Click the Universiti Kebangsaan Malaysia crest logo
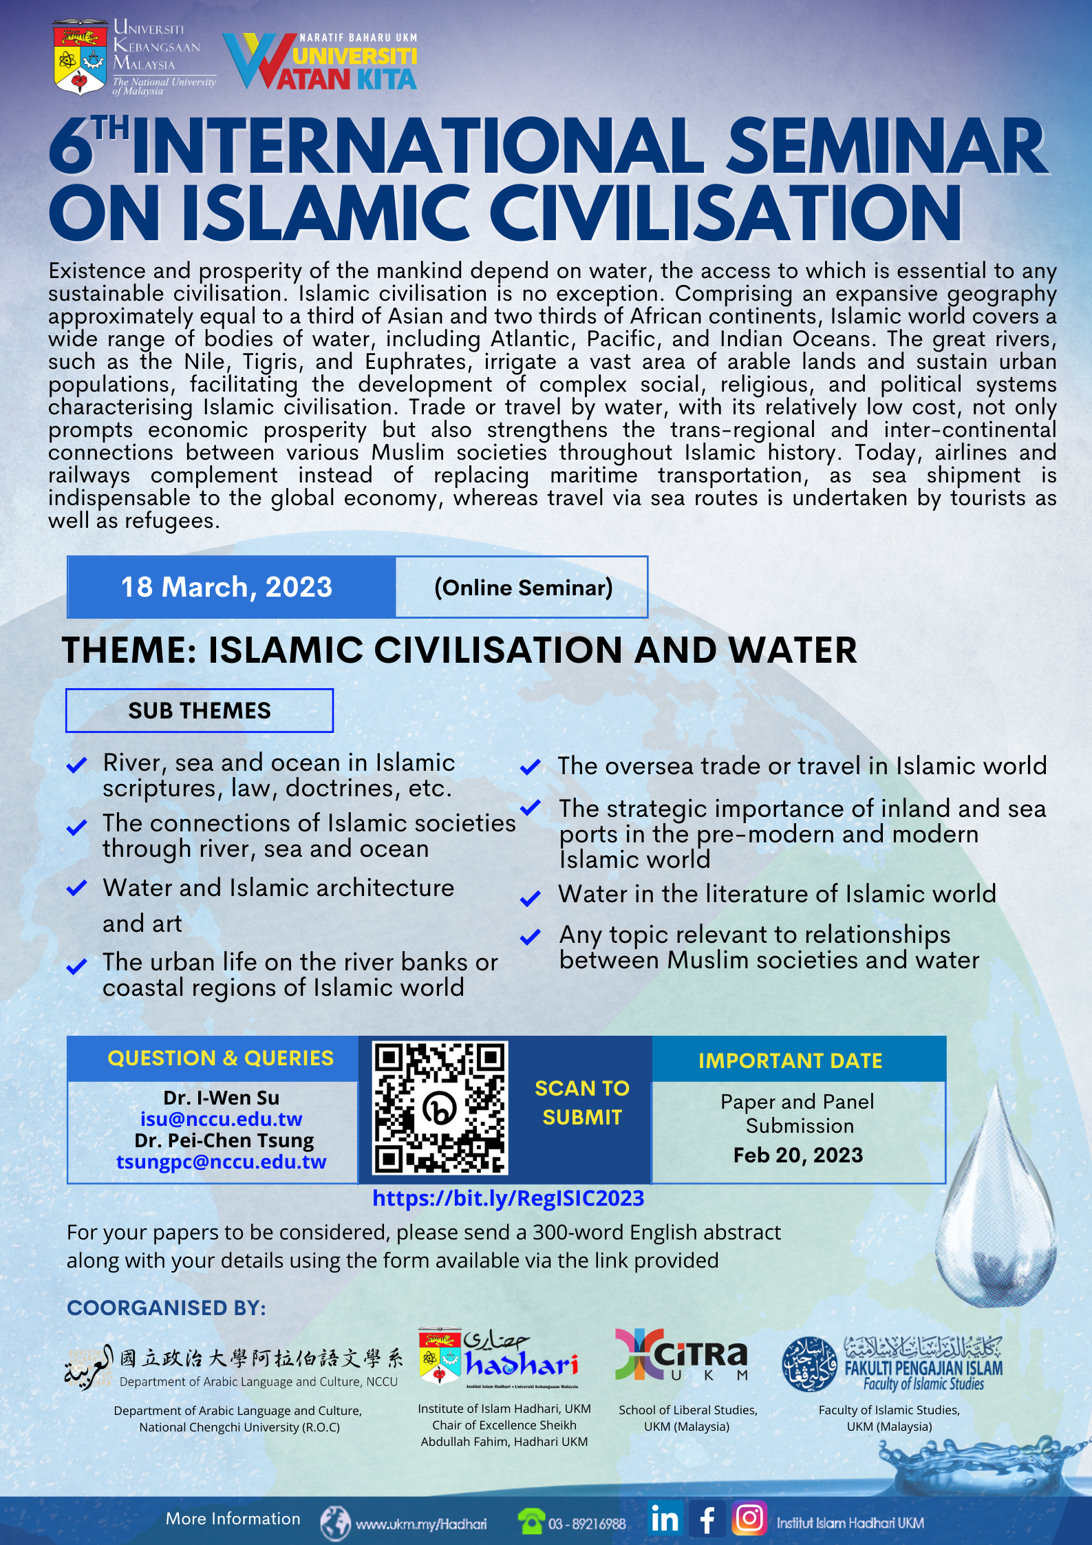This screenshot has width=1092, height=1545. [81, 58]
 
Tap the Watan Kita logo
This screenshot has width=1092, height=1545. [320, 63]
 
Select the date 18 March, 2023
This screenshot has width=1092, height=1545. [226, 587]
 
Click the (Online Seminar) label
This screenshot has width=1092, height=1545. [523, 588]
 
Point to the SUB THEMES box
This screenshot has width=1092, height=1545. [200, 710]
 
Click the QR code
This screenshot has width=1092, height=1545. [440, 1107]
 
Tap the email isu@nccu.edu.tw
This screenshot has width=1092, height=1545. [222, 1119]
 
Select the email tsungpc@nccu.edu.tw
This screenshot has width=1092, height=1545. [222, 1162]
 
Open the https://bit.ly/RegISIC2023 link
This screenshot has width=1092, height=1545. [508, 1198]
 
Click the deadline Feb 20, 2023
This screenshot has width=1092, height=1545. [798, 1155]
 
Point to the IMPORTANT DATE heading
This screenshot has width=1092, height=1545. [790, 1061]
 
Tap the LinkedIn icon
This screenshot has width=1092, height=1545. [665, 1518]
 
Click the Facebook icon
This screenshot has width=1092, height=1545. [707, 1518]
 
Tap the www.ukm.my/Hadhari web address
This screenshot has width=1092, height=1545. [420, 1524]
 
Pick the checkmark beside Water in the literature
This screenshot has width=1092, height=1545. [530, 898]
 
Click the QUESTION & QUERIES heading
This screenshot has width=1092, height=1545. [220, 1058]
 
